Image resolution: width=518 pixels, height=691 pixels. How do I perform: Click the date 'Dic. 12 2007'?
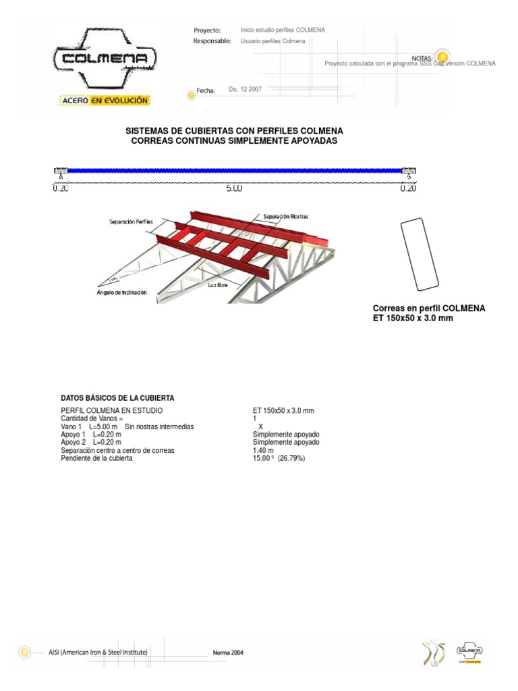pos(246,89)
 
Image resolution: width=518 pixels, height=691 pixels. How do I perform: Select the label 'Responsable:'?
pos(212,41)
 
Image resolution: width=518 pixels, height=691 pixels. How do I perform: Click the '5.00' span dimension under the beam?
pos(234,189)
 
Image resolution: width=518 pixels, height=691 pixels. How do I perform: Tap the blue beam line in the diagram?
pos(234,171)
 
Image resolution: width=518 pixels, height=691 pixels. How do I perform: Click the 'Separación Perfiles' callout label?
pos(131,221)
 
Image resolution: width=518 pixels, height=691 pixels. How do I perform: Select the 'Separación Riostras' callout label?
pos(286,217)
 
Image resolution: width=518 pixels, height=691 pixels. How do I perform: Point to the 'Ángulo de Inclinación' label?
pos(122,292)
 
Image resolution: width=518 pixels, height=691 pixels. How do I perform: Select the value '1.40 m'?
pos(263,450)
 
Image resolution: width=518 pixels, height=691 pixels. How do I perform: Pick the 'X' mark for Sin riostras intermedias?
pos(260,426)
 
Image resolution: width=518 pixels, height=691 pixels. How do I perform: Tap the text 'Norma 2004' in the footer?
pos(228,653)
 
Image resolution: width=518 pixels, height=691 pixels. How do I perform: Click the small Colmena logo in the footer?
pos(469,652)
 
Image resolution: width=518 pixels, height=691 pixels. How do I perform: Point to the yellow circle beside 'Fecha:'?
pos(191,96)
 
